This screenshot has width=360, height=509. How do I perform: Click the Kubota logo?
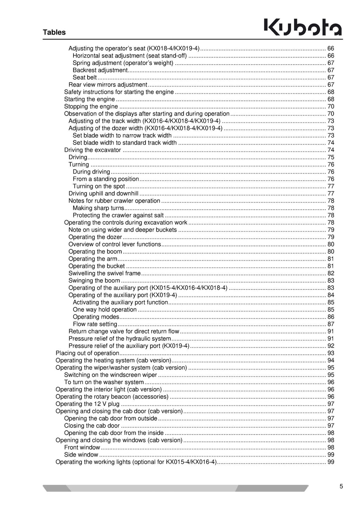(x=303, y=28)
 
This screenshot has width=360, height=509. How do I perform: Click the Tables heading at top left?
(x=54, y=32)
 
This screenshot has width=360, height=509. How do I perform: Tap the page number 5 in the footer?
(x=341, y=487)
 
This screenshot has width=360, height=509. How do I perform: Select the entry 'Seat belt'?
(x=85, y=78)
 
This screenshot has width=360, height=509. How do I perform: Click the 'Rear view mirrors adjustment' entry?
(x=108, y=85)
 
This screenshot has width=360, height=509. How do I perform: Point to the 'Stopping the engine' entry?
(x=91, y=106)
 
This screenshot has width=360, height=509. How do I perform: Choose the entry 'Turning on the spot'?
(x=99, y=186)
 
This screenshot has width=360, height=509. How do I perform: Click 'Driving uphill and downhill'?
(x=103, y=194)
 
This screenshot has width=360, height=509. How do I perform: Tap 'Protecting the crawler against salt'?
(x=118, y=215)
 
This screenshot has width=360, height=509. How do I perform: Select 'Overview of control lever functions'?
(x=115, y=244)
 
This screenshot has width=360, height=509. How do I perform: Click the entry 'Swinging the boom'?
(x=94, y=281)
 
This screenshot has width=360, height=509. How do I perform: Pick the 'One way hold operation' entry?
(x=105, y=309)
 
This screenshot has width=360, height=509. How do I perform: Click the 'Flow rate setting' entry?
(x=95, y=324)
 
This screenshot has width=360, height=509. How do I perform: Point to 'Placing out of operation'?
(x=88, y=353)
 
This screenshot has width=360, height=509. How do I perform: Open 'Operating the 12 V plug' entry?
(x=88, y=404)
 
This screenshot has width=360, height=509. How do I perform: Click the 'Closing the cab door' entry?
(x=92, y=426)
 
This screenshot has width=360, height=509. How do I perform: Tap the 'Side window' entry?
(x=81, y=455)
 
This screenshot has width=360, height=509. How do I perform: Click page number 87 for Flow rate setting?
(x=331, y=324)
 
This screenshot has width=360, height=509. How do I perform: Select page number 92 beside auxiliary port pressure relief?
(x=331, y=346)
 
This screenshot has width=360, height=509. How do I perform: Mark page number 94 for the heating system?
(x=331, y=360)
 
